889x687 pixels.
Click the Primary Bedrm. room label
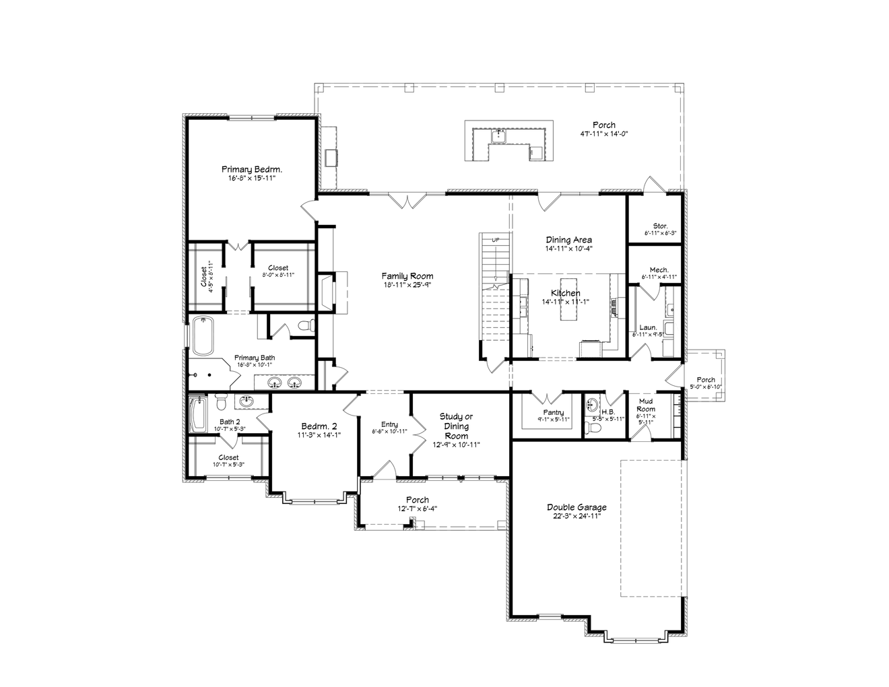point(252,170)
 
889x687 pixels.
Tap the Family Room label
point(407,276)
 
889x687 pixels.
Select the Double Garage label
point(576,507)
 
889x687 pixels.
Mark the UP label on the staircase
point(496,240)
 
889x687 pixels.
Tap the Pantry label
point(553,413)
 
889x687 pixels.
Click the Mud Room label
point(645,405)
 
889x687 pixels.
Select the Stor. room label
point(660,226)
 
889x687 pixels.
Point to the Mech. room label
point(659,269)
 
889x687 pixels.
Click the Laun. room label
point(648,327)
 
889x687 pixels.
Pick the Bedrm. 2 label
point(319,426)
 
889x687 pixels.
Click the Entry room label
point(389,424)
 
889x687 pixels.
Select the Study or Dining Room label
point(456,426)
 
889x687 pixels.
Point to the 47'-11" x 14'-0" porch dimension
point(603,133)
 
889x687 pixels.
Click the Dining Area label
point(568,240)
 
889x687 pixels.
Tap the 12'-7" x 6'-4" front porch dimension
point(418,509)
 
